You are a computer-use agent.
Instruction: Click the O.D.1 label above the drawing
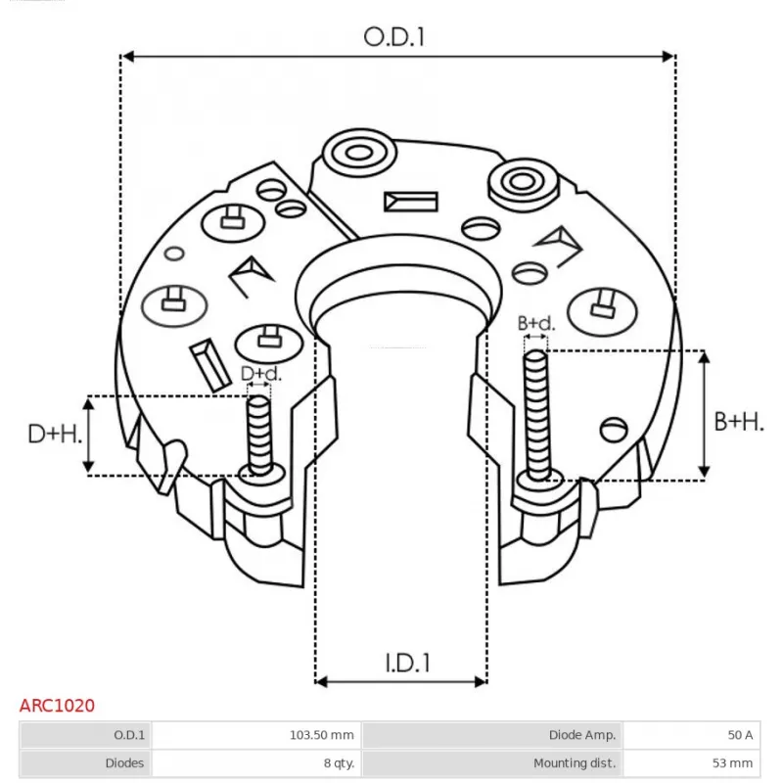(x=395, y=36)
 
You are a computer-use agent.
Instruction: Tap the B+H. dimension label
(x=739, y=422)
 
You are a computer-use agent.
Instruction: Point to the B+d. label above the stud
(x=535, y=323)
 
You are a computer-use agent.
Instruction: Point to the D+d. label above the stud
(x=260, y=374)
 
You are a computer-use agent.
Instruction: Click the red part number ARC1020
(x=58, y=705)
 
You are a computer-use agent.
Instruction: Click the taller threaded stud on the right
(x=535, y=416)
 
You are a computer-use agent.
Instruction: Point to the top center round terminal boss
(x=353, y=154)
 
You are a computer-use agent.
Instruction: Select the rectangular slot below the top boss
(x=410, y=202)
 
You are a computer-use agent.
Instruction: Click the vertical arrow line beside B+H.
(x=703, y=415)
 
